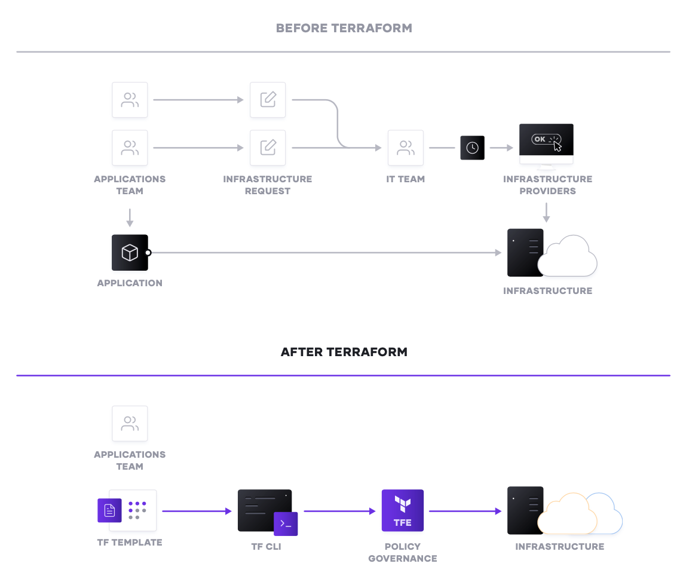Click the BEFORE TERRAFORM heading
pos(344,28)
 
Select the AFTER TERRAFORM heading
pos(344,352)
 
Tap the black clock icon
pos(472,148)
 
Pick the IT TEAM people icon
pos(406,148)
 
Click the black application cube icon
pos(130,253)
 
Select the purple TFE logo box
pos(403,510)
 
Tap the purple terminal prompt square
pos(286,523)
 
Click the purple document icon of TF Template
pos(109,510)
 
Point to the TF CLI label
pos(266,547)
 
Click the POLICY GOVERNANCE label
pos(403,552)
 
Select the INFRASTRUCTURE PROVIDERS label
pos(547,185)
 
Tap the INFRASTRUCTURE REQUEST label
pos(267,185)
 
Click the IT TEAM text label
pos(406,179)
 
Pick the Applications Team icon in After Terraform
pos(130,424)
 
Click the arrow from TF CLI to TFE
pos(339,511)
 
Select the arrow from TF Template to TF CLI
pos(197,511)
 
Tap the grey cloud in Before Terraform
pos(568,256)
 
